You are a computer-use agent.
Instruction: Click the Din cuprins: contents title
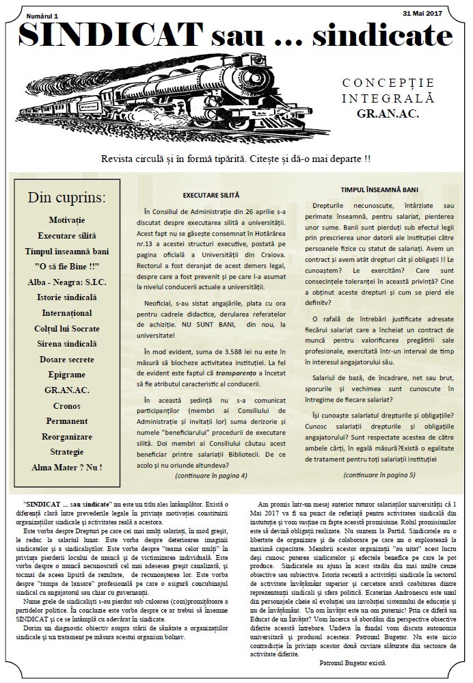67,198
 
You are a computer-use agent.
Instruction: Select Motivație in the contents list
67,220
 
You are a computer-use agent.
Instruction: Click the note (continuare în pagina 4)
211,474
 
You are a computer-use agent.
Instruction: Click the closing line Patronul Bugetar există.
353,663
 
